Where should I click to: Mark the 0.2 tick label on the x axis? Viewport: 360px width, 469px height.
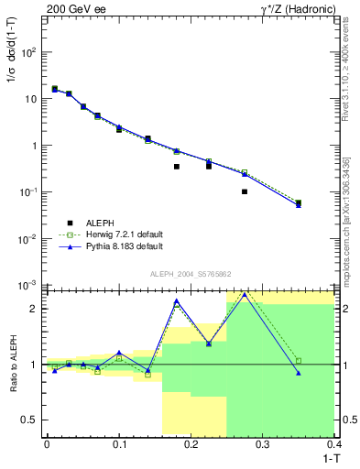point(191,443)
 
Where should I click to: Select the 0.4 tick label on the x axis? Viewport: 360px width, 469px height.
point(334,443)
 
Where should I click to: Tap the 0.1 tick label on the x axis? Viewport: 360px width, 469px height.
point(118,443)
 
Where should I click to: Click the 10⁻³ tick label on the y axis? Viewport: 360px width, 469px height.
point(29,286)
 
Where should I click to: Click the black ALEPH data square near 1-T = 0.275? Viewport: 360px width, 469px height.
point(245,191)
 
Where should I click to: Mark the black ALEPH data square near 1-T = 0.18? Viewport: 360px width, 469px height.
point(177,167)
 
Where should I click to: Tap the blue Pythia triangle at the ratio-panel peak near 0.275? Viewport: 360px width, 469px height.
point(245,295)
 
